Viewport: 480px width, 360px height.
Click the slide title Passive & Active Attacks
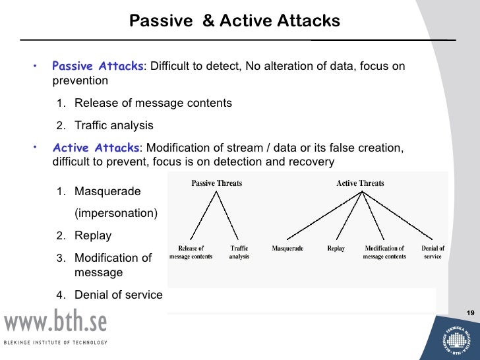tap(235, 21)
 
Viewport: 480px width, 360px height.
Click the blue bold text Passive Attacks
tap(98, 67)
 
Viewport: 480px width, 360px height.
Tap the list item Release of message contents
tap(153, 104)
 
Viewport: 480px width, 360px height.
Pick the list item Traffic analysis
tap(113, 125)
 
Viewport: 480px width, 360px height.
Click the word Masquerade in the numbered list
tap(107, 192)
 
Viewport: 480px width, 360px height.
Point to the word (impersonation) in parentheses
tap(116, 214)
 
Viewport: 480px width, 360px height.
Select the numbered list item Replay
tap(93, 235)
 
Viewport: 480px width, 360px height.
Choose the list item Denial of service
tap(118, 295)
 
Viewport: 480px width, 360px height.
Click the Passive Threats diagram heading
tap(216, 183)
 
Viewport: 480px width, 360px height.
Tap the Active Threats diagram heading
tap(360, 183)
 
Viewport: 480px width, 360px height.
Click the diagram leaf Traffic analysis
tap(239, 253)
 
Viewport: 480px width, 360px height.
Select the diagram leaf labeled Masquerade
tap(287, 249)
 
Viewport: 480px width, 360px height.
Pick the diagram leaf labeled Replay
tap(336, 249)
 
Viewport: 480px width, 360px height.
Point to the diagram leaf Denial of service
tap(433, 253)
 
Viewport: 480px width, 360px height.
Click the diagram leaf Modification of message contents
tap(384, 253)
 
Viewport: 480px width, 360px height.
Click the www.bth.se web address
tap(55, 322)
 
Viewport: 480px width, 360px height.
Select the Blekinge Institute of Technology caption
tap(55, 342)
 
